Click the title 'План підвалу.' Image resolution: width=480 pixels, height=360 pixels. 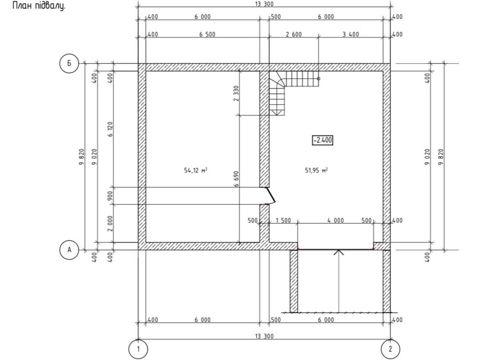pyautogui.click(x=39, y=6)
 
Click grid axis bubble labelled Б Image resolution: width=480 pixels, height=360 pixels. pyautogui.click(x=69, y=63)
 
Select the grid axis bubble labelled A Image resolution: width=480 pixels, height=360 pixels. pyautogui.click(x=69, y=250)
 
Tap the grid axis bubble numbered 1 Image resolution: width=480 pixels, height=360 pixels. pyautogui.click(x=138, y=349)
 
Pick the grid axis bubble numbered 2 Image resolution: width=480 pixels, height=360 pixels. pyautogui.click(x=390, y=349)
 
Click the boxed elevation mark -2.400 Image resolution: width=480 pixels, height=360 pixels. pyautogui.click(x=322, y=140)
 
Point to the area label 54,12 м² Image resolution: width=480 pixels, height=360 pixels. pyautogui.click(x=196, y=170)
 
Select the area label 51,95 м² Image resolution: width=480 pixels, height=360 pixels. pyautogui.click(x=316, y=170)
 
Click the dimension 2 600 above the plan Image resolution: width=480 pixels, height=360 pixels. pyautogui.click(x=294, y=34)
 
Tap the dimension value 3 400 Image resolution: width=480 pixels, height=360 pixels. pyautogui.click(x=350, y=34)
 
